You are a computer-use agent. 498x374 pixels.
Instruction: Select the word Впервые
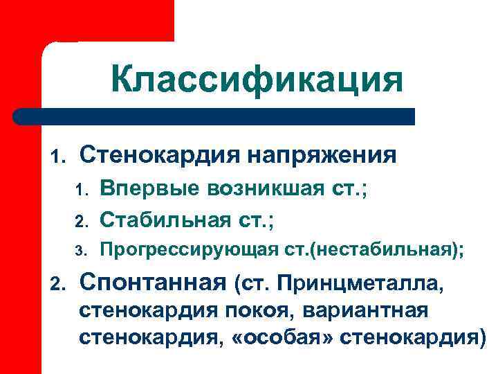point(141,188)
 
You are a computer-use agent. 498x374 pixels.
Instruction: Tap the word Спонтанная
point(153,283)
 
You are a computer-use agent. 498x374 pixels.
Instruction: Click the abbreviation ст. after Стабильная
point(252,222)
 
